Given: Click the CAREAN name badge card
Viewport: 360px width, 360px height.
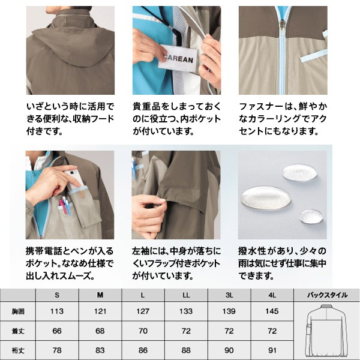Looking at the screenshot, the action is (x=178, y=58).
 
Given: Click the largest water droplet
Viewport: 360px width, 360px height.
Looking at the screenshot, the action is (x=265, y=198).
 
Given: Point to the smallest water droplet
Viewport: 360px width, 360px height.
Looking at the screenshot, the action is (x=311, y=216).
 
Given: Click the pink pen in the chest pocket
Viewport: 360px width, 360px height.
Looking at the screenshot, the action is (x=63, y=206).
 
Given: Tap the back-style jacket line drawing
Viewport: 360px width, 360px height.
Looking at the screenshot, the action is (x=327, y=331).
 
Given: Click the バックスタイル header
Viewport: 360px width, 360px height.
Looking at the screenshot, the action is (x=327, y=295).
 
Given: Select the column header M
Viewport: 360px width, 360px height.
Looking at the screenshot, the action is (x=100, y=295).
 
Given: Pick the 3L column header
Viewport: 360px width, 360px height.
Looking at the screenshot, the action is (x=229, y=295).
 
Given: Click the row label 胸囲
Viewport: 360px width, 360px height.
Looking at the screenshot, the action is (x=18, y=311).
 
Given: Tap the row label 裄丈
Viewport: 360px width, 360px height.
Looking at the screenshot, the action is (x=18, y=350).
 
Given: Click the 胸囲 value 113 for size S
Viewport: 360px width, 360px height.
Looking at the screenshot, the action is (x=57, y=311).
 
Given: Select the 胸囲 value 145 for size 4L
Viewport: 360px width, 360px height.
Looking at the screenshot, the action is (x=272, y=311).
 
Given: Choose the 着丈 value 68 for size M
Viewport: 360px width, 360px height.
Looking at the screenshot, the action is (x=100, y=331).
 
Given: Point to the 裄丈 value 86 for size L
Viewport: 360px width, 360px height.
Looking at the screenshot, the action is (x=143, y=350).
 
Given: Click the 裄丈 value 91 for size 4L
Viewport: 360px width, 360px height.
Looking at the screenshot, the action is (x=272, y=350).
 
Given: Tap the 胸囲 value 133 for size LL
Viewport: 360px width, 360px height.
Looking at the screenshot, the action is (x=186, y=311).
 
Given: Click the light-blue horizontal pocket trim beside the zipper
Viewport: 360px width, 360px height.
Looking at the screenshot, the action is (x=313, y=56).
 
